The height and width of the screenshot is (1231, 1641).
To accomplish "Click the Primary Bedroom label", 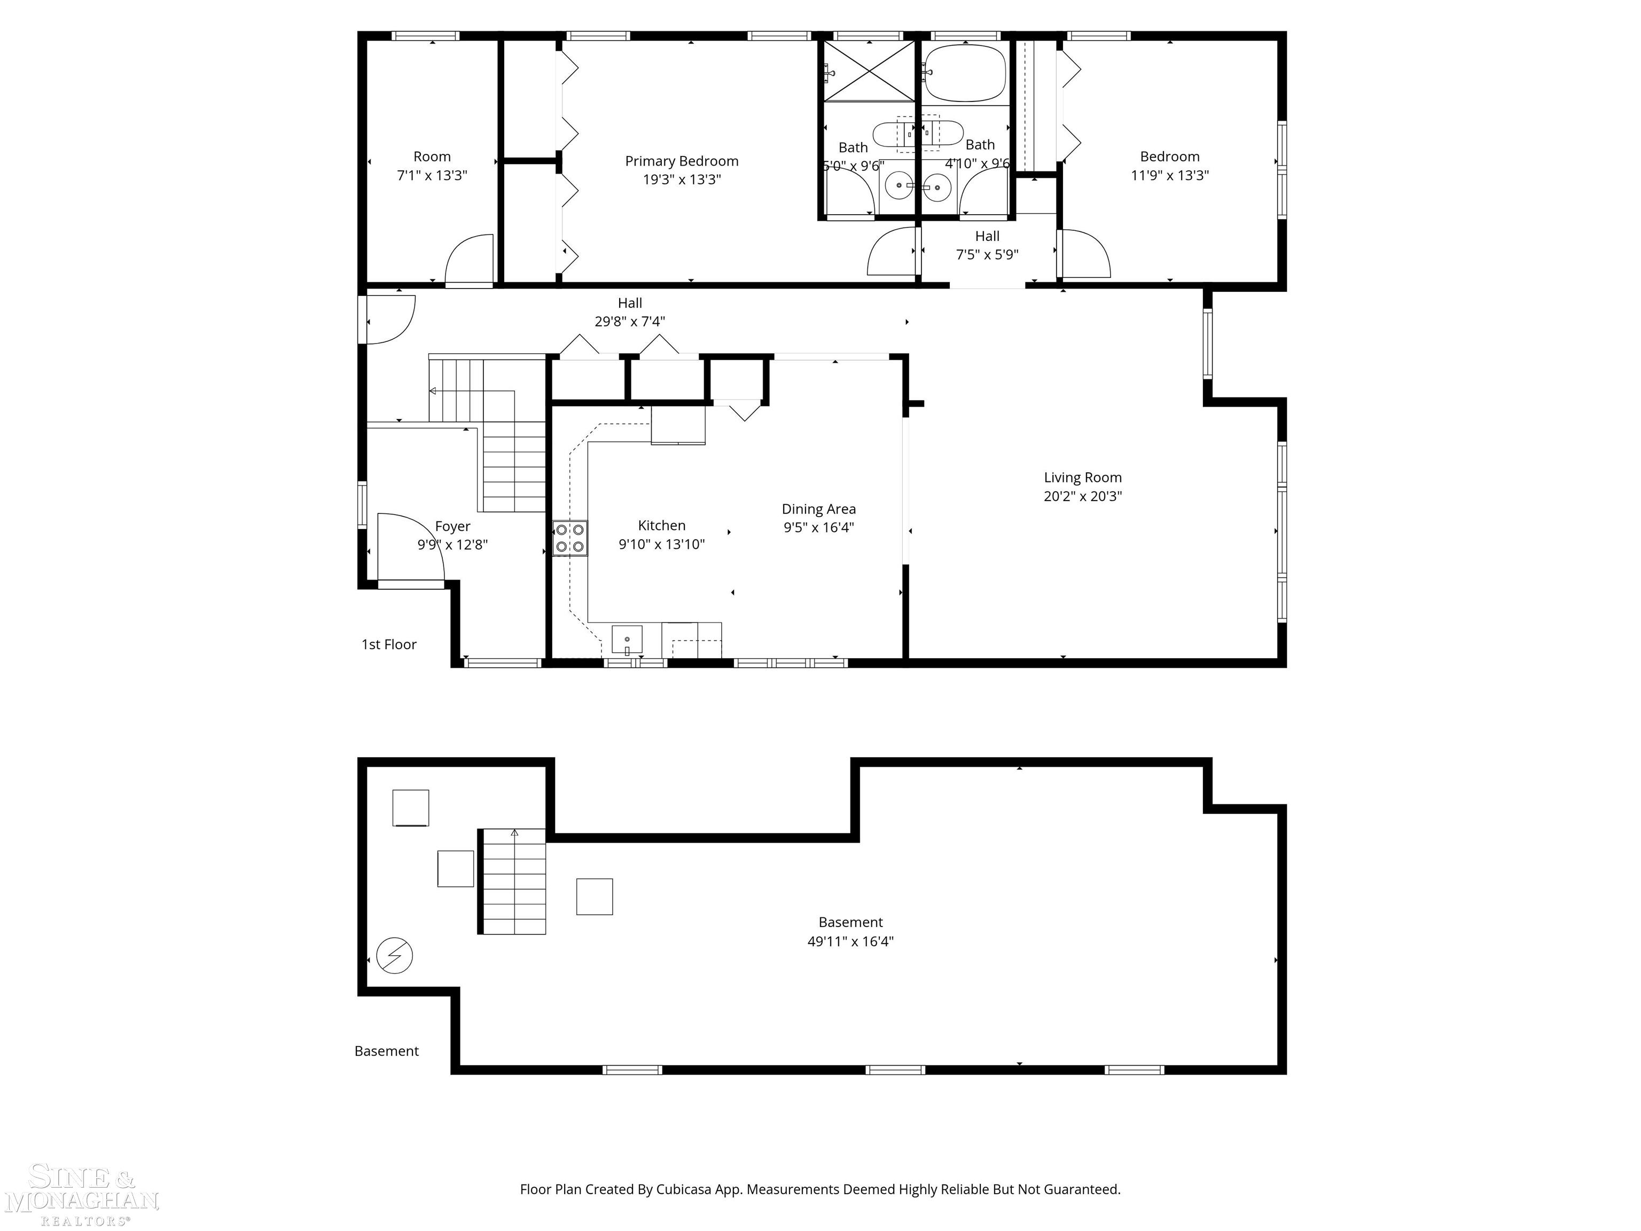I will click(681, 161).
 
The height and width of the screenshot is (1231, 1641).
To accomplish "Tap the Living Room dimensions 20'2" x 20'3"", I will click(1082, 496).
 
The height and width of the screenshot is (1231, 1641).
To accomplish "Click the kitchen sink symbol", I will click(627, 640).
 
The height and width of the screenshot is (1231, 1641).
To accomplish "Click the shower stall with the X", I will click(869, 71).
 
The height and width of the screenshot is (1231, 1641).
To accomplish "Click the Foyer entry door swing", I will click(410, 547).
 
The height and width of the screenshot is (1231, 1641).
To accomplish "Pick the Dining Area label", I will click(818, 509).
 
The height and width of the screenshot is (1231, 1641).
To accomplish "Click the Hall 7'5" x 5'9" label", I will click(987, 245).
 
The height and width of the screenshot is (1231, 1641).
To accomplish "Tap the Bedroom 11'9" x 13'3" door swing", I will click(1084, 254).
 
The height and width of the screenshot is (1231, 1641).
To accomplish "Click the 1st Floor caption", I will click(389, 644).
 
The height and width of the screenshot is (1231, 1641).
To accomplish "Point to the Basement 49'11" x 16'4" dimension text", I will click(850, 941).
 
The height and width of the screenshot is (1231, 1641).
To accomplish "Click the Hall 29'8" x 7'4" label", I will click(629, 311).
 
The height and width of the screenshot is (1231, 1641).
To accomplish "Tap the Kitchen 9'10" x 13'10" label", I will click(661, 534).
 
